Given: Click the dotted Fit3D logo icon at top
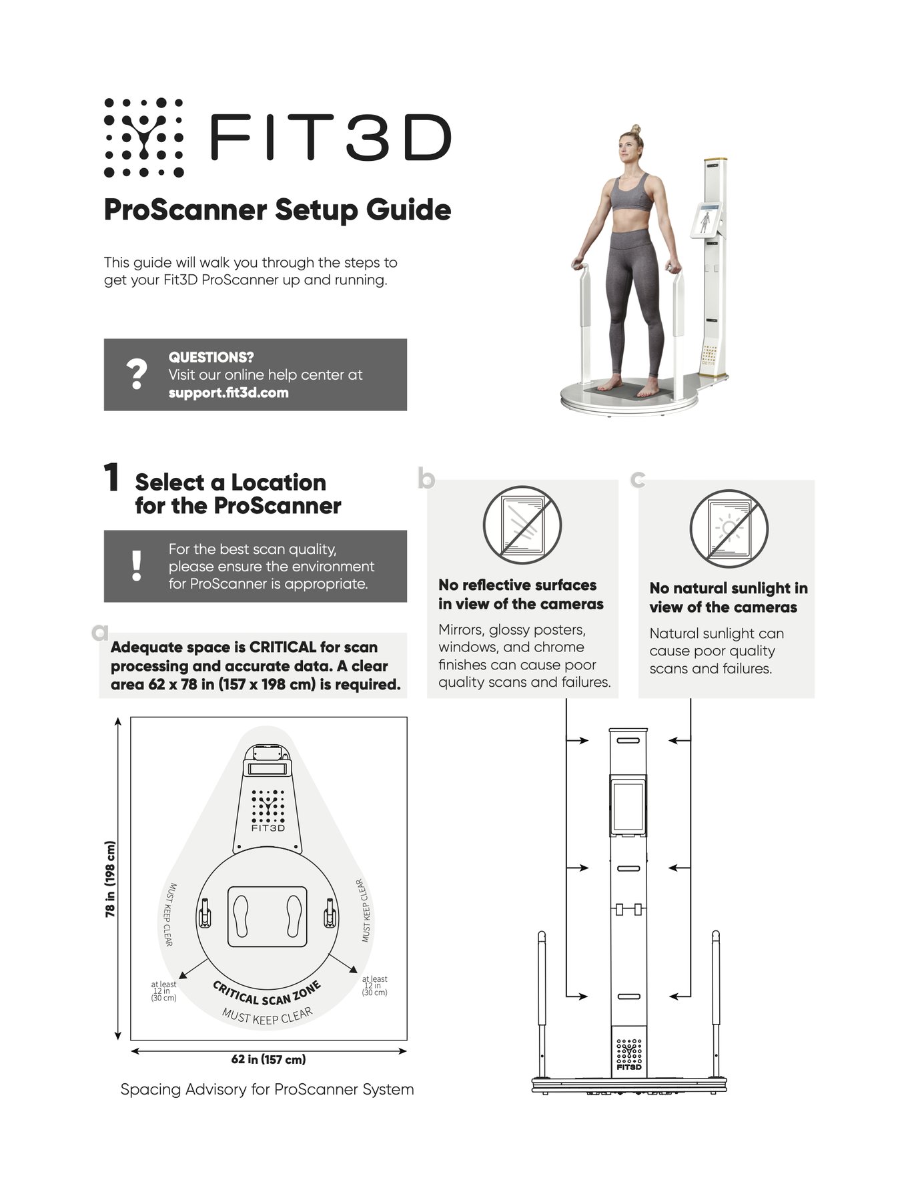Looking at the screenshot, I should [143, 137].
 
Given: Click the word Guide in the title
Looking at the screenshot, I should [408, 211].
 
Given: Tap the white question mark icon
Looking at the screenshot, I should [137, 374].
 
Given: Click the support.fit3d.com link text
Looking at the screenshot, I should [228, 392].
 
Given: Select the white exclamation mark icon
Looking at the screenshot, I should [137, 566].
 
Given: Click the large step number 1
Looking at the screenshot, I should [111, 479].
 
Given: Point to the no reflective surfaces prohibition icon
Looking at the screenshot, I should [522, 525].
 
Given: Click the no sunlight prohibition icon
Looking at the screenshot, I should [729, 528].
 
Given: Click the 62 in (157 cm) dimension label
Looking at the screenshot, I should [268, 1059].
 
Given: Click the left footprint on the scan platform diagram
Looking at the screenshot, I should [242, 916].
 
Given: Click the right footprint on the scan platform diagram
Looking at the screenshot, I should [294, 916].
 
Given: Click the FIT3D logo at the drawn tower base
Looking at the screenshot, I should [628, 1055].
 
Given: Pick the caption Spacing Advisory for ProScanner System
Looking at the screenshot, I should [267, 1090].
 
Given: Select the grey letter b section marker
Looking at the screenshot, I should [426, 479].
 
